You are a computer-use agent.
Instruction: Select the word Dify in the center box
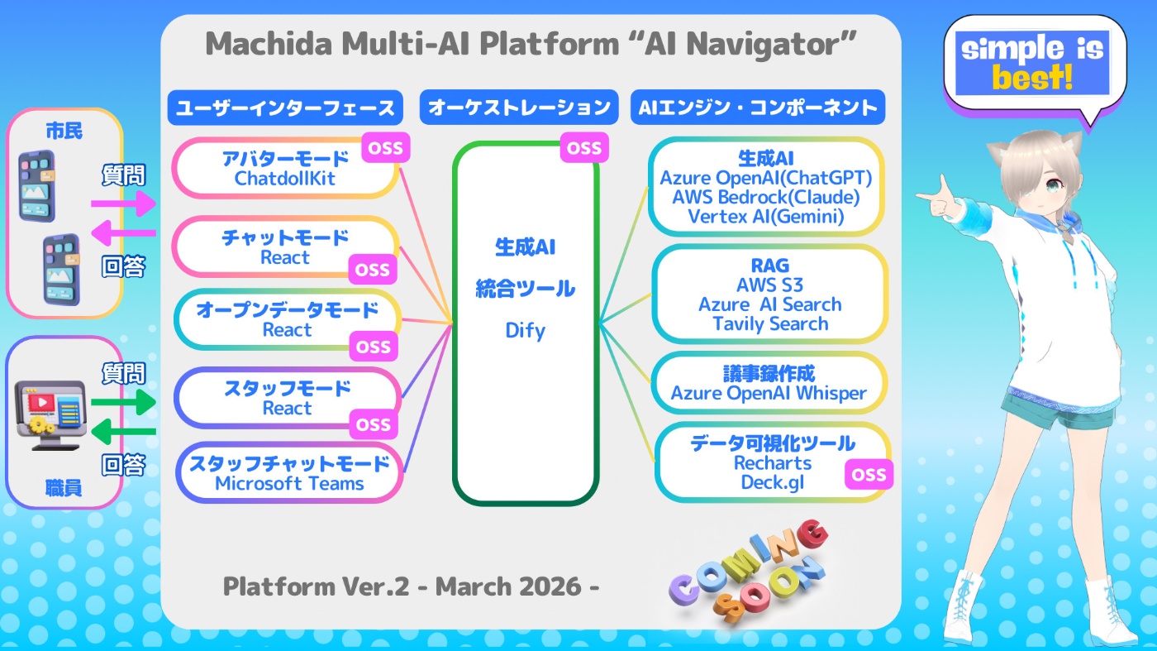[x=525, y=331]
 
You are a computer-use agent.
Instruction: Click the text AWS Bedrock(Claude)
[x=765, y=198]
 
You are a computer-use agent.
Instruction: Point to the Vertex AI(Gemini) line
[x=765, y=218]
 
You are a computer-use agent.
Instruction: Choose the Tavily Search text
[x=770, y=323]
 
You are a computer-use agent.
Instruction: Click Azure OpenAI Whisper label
[x=769, y=394]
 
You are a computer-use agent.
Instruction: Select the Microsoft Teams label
[x=289, y=483]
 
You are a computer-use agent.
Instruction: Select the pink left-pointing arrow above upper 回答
[x=124, y=236]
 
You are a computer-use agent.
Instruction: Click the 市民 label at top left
[x=64, y=131]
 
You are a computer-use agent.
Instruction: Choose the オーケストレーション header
[x=519, y=108]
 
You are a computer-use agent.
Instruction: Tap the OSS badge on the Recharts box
[x=869, y=475]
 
